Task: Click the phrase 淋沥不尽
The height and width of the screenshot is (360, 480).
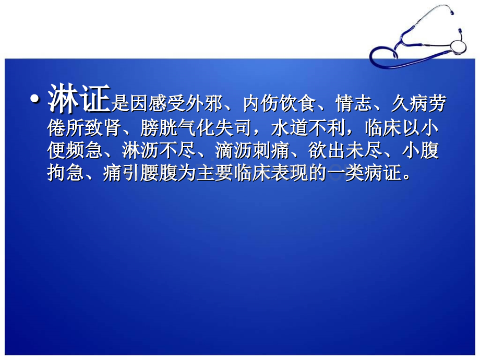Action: tap(158, 151)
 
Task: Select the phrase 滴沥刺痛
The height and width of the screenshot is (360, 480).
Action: tap(250, 151)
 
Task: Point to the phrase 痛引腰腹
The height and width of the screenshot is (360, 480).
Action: tap(139, 174)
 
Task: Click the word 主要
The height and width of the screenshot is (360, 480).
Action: tap(212, 174)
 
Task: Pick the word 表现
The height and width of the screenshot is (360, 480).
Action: tap(286, 174)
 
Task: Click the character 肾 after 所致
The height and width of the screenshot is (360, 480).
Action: tap(112, 128)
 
